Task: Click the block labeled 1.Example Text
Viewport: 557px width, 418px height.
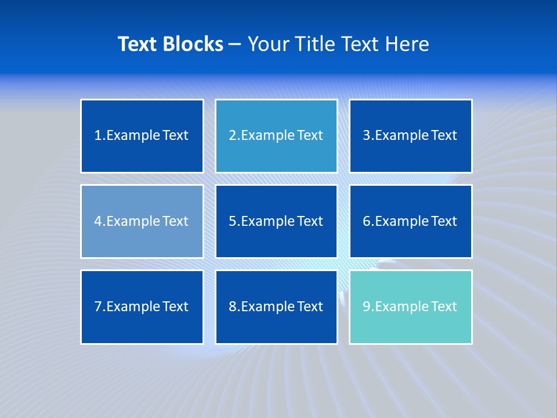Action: pyautogui.click(x=142, y=136)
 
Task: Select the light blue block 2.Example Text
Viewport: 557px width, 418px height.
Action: pyautogui.click(x=276, y=136)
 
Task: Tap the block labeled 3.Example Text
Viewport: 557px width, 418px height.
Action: pyautogui.click(x=410, y=136)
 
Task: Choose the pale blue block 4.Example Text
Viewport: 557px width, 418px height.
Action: pyautogui.click(x=142, y=221)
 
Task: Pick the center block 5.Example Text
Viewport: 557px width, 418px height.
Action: pyautogui.click(x=276, y=221)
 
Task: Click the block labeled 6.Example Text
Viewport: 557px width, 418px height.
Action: pyautogui.click(x=410, y=221)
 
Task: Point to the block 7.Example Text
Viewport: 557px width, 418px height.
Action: pyautogui.click(x=142, y=307)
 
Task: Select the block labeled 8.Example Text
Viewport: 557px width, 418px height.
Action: pyautogui.click(x=276, y=307)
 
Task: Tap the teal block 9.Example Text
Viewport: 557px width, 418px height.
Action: pyautogui.click(x=410, y=307)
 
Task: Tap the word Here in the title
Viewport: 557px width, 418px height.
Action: pyautogui.click(x=408, y=44)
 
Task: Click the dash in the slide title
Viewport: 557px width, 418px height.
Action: pyautogui.click(x=236, y=44)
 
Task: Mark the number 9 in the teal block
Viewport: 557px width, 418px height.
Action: pyautogui.click(x=367, y=307)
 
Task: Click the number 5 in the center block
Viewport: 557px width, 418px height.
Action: pyautogui.click(x=232, y=221)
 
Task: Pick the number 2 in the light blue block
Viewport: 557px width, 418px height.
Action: pyautogui.click(x=232, y=136)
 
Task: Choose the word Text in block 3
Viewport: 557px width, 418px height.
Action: pyautogui.click(x=444, y=136)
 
